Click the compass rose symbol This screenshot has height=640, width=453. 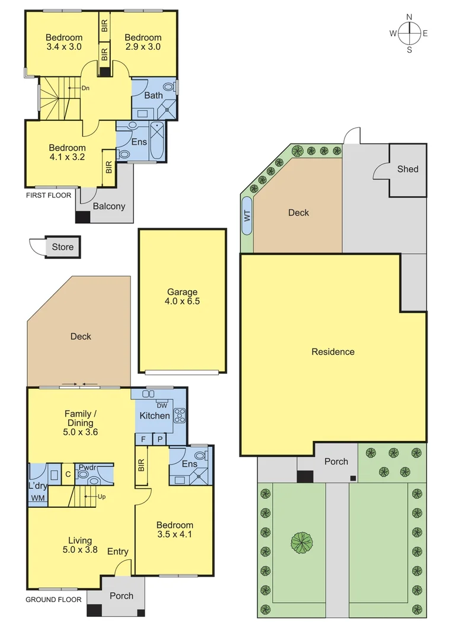pos(409,33)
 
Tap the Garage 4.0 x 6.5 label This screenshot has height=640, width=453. pos(182,296)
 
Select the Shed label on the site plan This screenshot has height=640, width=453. pos(407,169)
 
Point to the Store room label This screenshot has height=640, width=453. pos(62,247)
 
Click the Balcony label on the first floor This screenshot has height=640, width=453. pos(109,206)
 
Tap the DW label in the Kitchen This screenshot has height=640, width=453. pos(162,405)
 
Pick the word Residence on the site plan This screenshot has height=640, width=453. pos(333,351)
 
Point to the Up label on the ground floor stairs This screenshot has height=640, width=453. pos(101,496)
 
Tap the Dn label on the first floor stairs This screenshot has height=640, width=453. pos(85,88)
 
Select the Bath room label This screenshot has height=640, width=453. pos(153,95)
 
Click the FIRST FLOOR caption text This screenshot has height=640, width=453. pos(48,195)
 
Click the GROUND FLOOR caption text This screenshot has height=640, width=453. pos(53,600)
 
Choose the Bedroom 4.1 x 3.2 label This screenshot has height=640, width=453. pos(67,152)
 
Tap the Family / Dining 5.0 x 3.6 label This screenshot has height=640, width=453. pos(80,423)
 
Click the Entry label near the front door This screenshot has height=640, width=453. pos(117,552)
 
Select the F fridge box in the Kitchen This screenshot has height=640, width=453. pos(143,439)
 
